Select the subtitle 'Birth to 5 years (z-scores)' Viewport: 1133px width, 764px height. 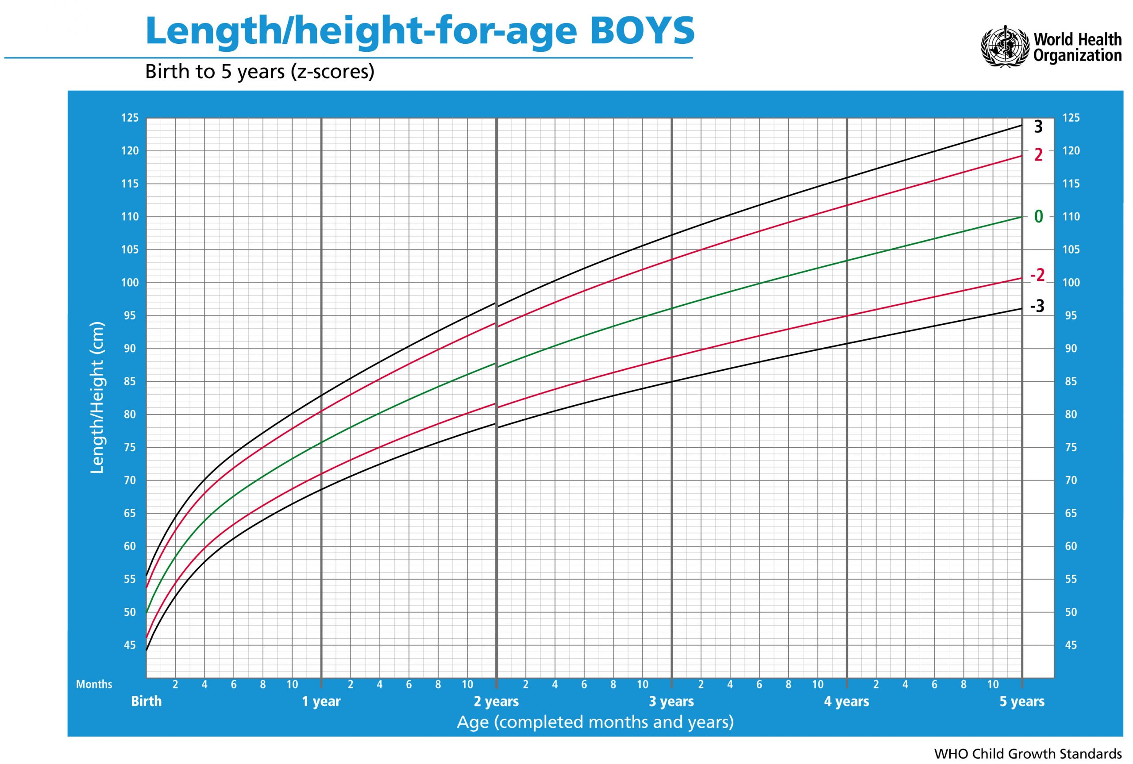point(260,72)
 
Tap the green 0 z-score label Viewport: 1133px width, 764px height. point(1038,217)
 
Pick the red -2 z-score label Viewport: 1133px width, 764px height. point(1037,276)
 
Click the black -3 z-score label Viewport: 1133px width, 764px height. point(1037,307)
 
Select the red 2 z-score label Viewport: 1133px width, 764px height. point(1038,155)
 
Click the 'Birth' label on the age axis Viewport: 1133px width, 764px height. point(146,701)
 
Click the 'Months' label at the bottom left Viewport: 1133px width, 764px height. point(94,684)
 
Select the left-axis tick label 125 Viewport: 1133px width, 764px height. point(130,118)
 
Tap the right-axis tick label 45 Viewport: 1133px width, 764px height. point(1071,645)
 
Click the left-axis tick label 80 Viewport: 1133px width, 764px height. point(130,415)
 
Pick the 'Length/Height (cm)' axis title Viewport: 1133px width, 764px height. point(97,397)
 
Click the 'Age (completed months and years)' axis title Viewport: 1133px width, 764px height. point(595,722)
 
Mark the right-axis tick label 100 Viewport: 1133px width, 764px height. point(1071,283)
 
